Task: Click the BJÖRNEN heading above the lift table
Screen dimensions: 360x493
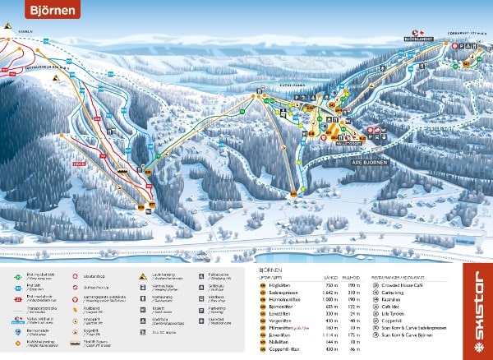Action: pyautogui.click(x=271, y=269)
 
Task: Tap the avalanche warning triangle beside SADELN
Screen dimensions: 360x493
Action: pyautogui.click(x=7, y=27)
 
